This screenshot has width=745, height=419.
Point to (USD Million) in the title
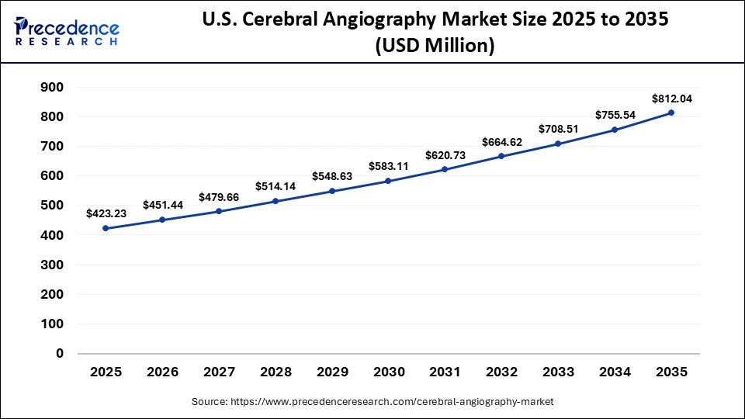pos(435,47)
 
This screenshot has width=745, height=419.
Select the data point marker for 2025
pos(106,228)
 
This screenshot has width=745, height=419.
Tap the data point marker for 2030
pos(388,181)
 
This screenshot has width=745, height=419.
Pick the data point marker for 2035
pos(671,113)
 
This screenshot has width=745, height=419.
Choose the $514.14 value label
pos(275,186)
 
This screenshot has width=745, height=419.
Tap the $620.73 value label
pos(445,155)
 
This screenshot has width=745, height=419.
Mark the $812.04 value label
pos(671,99)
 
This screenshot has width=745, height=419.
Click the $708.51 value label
pos(559,129)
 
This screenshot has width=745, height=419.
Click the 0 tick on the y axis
pos(59,354)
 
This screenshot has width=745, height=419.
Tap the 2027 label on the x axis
pos(219,372)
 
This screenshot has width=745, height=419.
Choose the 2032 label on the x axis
pos(502,372)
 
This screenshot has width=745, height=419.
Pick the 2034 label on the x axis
pos(615,372)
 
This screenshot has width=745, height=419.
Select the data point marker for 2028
pos(275,201)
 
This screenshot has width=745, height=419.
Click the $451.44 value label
pos(162,205)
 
